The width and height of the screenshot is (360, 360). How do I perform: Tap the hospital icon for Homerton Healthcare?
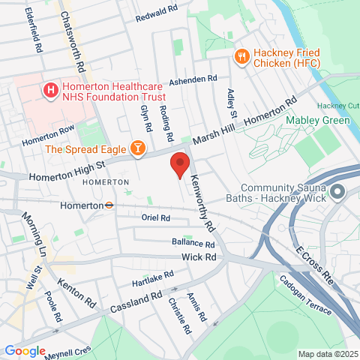(51, 91)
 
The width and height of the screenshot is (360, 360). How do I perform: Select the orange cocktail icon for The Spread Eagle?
(137, 148)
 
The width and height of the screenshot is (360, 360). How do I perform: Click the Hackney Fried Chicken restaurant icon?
(241, 55)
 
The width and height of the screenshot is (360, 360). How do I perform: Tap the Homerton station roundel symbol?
(109, 205)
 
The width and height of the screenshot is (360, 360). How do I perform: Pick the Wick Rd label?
(199, 257)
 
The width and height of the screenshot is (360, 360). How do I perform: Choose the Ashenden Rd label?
(193, 79)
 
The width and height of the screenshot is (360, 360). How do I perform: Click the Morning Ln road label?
(35, 233)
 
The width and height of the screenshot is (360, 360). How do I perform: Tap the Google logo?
(25, 351)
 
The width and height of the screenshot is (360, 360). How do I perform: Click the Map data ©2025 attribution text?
(328, 354)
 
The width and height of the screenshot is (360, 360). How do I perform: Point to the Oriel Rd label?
(155, 218)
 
